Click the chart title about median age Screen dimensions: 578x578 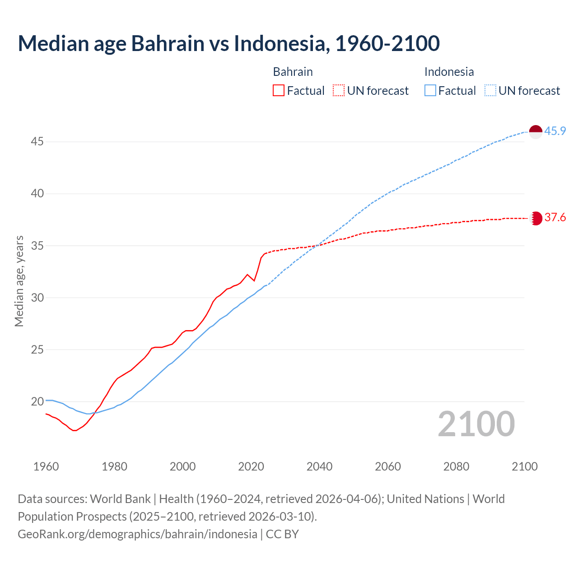(x=228, y=43)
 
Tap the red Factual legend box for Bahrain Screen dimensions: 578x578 (x=279, y=91)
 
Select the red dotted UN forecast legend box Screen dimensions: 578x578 (x=339, y=91)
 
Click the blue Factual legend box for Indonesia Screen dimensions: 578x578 (x=430, y=91)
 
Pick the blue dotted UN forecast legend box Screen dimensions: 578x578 (x=490, y=91)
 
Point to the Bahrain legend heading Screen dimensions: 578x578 (x=293, y=72)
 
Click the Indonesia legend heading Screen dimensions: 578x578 (x=449, y=72)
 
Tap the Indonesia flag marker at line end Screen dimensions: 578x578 (x=535, y=132)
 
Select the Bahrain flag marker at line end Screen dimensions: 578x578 (x=535, y=218)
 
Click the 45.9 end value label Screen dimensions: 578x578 (x=555, y=131)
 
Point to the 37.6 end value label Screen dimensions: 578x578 (x=555, y=218)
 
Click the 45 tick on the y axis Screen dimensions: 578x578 (x=37, y=142)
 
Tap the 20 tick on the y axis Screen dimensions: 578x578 (x=37, y=401)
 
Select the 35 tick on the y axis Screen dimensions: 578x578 (x=37, y=246)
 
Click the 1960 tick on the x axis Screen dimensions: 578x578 (x=46, y=466)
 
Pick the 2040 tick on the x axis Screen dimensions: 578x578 (x=319, y=466)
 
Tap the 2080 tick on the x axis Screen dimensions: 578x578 (x=456, y=466)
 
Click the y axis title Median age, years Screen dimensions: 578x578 (x=19, y=281)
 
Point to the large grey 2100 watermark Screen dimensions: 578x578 (x=476, y=424)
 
